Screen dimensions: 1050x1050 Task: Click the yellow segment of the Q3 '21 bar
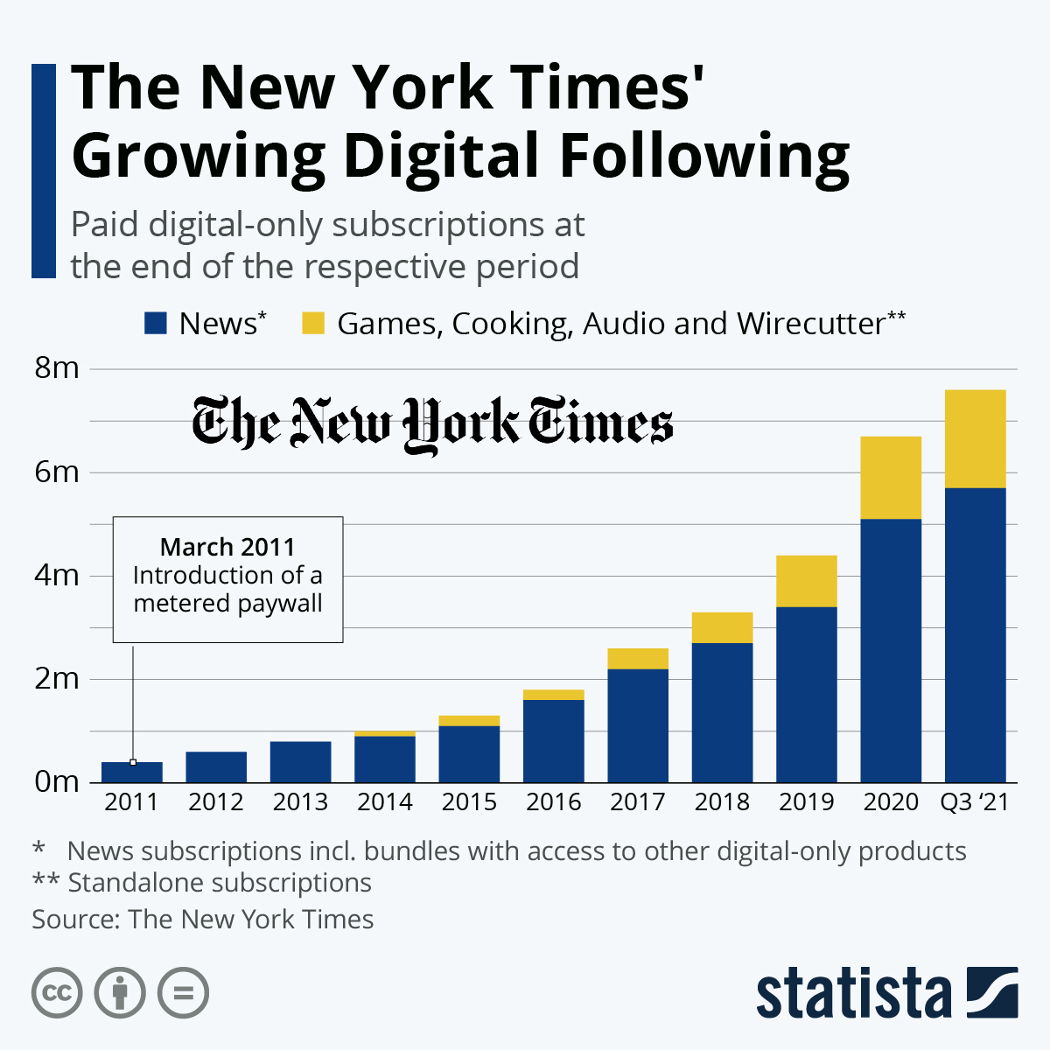[975, 438]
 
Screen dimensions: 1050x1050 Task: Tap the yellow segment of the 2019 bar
[807, 581]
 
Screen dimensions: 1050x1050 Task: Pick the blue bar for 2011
[132, 773]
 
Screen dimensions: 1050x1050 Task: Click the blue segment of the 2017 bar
[638, 725]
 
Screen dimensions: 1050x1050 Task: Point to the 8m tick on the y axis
[57, 368]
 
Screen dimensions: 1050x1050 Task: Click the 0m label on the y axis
[57, 781]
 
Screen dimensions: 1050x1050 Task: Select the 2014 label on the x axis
[385, 802]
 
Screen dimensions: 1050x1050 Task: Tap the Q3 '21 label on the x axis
[975, 802]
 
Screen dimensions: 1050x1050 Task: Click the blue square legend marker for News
[155, 324]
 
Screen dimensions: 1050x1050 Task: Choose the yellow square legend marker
[313, 324]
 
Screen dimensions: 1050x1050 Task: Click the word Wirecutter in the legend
[810, 324]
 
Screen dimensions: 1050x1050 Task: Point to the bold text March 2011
[227, 547]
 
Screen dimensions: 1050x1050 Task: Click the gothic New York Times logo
[432, 424]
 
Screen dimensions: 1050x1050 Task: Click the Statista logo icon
[991, 992]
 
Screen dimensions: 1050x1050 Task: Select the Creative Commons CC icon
[57, 993]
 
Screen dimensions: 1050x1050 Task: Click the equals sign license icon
[184, 993]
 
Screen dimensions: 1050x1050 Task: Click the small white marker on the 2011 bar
[133, 762]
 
